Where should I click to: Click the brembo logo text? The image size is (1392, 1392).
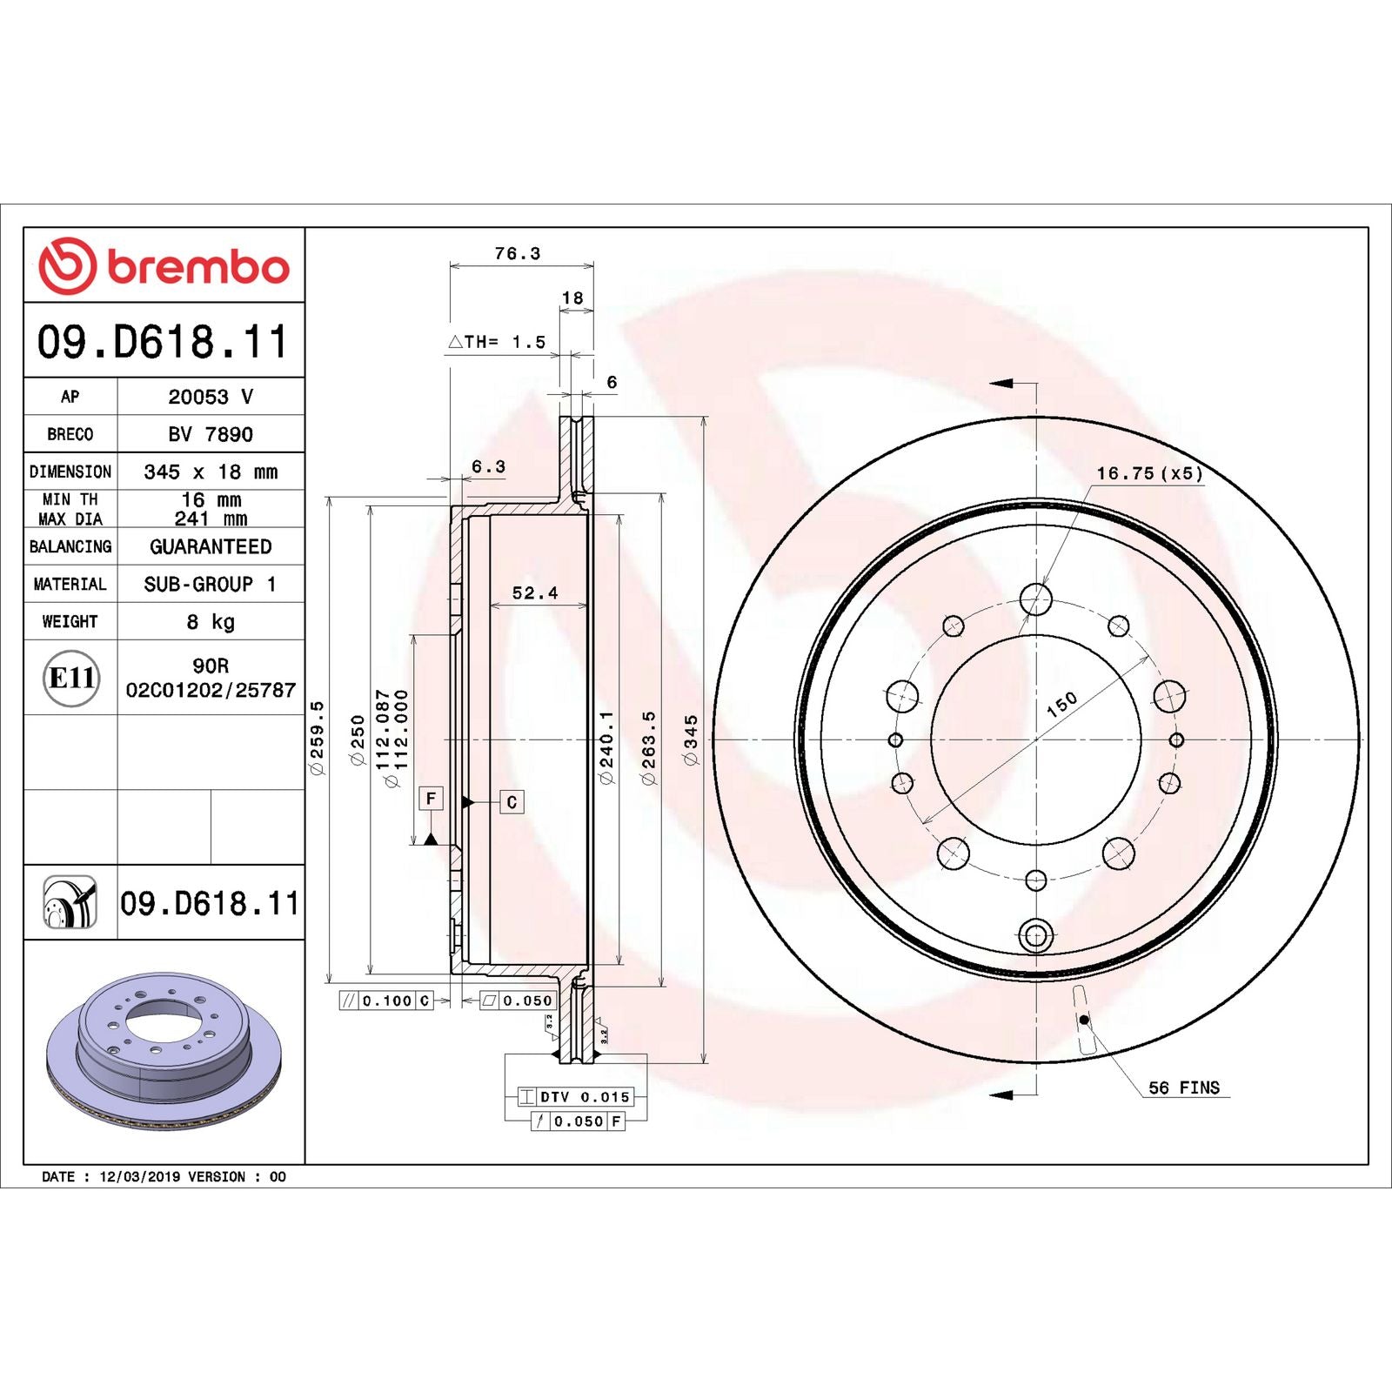pyautogui.click(x=197, y=267)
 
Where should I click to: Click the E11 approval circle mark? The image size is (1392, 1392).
pyautogui.click(x=71, y=678)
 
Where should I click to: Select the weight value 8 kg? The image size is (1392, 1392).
pyautogui.click(x=211, y=622)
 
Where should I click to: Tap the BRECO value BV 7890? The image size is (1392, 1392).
pyautogui.click(x=211, y=434)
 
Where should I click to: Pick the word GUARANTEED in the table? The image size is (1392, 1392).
pyautogui.click(x=211, y=546)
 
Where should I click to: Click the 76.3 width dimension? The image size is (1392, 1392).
pyautogui.click(x=517, y=254)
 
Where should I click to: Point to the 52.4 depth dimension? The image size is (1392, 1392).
pyautogui.click(x=534, y=593)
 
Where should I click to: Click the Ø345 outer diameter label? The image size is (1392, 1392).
pyautogui.click(x=691, y=740)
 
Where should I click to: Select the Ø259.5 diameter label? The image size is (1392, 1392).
pyautogui.click(x=317, y=738)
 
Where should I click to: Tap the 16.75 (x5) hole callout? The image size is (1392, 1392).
pyautogui.click(x=1148, y=473)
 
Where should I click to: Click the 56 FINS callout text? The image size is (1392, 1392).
pyautogui.click(x=1183, y=1087)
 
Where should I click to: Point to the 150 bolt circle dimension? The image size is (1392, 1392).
pyautogui.click(x=1061, y=704)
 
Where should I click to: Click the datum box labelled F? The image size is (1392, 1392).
pyautogui.click(x=431, y=799)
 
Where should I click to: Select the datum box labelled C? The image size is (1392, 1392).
pyautogui.click(x=512, y=802)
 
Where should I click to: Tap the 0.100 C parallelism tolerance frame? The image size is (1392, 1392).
pyautogui.click(x=386, y=1000)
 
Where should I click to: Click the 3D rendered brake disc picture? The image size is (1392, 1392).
pyautogui.click(x=164, y=1050)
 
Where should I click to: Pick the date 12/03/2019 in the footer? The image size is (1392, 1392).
pyautogui.click(x=139, y=1176)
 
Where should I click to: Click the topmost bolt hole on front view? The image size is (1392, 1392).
pyautogui.click(x=1035, y=599)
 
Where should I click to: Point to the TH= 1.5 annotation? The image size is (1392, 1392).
pyautogui.click(x=498, y=342)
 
